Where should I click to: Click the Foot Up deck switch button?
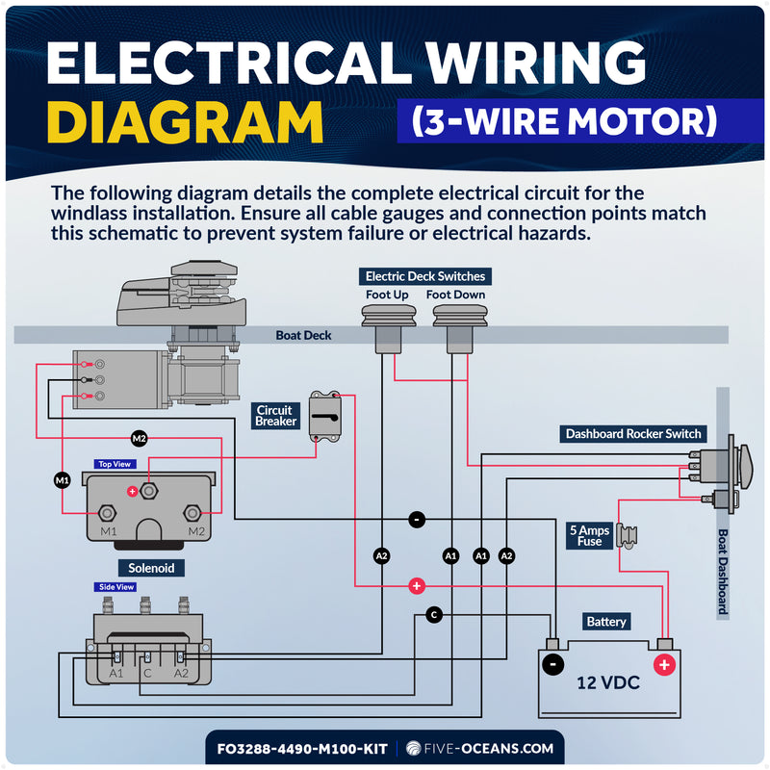pyautogui.click(x=389, y=328)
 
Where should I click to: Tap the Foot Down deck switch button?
pyautogui.click(x=460, y=328)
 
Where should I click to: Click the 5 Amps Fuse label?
pyautogui.click(x=589, y=536)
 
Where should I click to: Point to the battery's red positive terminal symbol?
pyautogui.click(x=664, y=665)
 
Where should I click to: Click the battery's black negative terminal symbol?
pyautogui.click(x=552, y=665)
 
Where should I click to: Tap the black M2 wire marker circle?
pyautogui.click(x=140, y=439)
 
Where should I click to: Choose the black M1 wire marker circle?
pyautogui.click(x=63, y=480)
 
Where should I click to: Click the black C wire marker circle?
pyautogui.click(x=434, y=615)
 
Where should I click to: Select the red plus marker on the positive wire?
pyautogui.click(x=417, y=586)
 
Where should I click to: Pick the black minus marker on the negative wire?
pyautogui.click(x=417, y=520)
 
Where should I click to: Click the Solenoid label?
pyautogui.click(x=151, y=568)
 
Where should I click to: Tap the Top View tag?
pyautogui.click(x=115, y=464)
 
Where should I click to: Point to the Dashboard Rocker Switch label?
pyautogui.click(x=633, y=434)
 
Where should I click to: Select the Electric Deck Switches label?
pyautogui.click(x=425, y=276)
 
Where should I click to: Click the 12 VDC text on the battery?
pyautogui.click(x=608, y=683)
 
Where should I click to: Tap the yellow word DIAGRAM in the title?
pyautogui.click(x=185, y=122)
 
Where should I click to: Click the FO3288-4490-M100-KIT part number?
pyautogui.click(x=302, y=749)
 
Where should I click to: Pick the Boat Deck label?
pyautogui.click(x=303, y=335)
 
